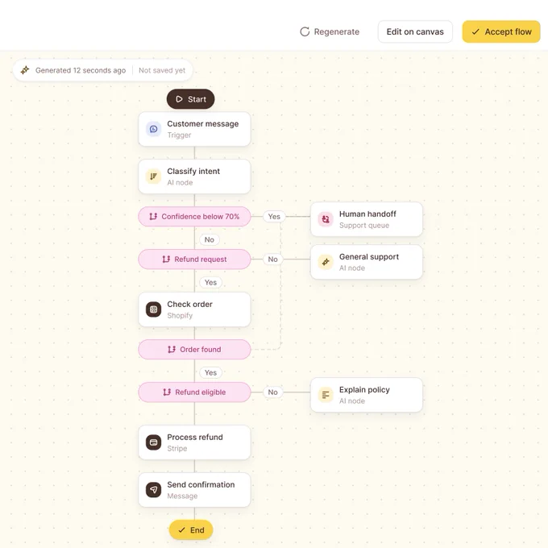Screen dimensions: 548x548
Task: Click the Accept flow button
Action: point(500,31)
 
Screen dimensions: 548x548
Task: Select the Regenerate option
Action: point(330,31)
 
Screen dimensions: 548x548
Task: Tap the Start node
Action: point(190,99)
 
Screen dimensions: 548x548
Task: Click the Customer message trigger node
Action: point(194,129)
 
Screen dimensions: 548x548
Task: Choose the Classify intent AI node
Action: point(194,176)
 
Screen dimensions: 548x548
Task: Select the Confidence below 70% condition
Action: point(194,217)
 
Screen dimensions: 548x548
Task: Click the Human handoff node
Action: point(366,219)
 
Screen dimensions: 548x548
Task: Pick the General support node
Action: point(366,262)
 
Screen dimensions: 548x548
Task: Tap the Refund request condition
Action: point(194,259)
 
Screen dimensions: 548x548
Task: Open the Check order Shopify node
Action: point(194,309)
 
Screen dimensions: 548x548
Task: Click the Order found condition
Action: point(194,350)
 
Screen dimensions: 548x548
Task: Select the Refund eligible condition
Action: point(194,392)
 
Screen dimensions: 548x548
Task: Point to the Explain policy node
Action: point(366,395)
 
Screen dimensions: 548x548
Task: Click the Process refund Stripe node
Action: point(194,442)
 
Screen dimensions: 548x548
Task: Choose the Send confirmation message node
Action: point(194,490)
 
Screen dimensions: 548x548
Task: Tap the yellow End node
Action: point(191,529)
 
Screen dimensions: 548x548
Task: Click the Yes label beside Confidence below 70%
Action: point(274,217)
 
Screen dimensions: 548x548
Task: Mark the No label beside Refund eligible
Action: point(272,392)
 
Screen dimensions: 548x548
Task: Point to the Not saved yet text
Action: point(162,70)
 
